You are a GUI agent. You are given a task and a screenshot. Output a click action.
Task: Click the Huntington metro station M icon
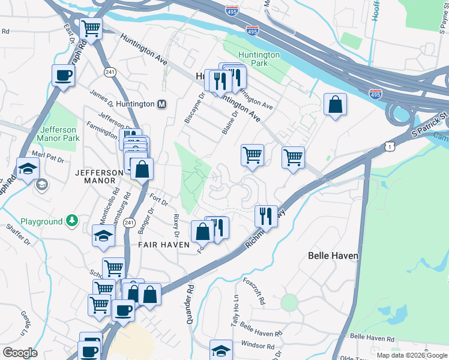pos(161,104)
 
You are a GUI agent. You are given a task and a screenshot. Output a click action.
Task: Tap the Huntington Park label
pos(259,59)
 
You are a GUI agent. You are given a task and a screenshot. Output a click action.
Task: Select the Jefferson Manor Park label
pos(59,134)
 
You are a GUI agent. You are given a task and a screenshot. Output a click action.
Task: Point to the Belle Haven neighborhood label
pos(333,256)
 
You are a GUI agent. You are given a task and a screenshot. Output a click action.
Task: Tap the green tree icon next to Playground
pos(72,221)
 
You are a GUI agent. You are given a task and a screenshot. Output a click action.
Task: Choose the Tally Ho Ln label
pos(235,311)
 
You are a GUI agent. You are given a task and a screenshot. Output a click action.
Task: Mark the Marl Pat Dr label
pos(48,154)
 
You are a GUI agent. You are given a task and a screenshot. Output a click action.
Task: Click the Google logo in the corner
pos(20,353)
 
